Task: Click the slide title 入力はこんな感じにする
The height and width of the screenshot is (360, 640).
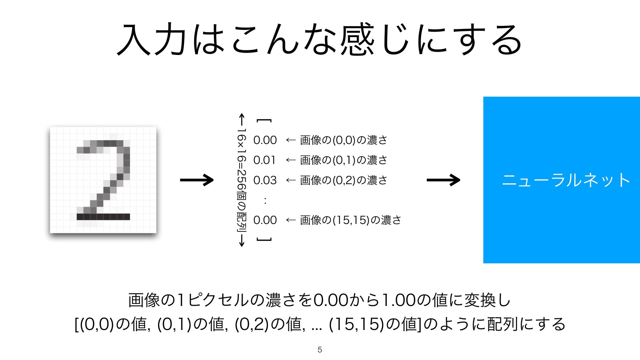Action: pyautogui.click(x=319, y=39)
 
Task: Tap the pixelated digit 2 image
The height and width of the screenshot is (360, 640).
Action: pyautogui.click(x=103, y=180)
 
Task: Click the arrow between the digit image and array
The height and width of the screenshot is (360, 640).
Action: pyautogui.click(x=197, y=180)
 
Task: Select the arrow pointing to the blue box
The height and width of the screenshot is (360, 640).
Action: pyautogui.click(x=443, y=180)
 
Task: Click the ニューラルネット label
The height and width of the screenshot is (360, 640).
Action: pyautogui.click(x=566, y=180)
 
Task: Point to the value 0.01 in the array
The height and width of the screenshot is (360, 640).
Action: pyautogui.click(x=265, y=160)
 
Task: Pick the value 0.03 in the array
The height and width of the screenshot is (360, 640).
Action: pyautogui.click(x=265, y=180)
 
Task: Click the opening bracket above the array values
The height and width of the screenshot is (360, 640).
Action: pyautogui.click(x=264, y=121)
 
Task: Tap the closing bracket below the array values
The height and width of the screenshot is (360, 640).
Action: pyautogui.click(x=264, y=239)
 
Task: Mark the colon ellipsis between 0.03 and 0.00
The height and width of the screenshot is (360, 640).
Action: pyautogui.click(x=265, y=200)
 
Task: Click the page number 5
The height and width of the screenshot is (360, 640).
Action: pyautogui.click(x=320, y=350)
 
